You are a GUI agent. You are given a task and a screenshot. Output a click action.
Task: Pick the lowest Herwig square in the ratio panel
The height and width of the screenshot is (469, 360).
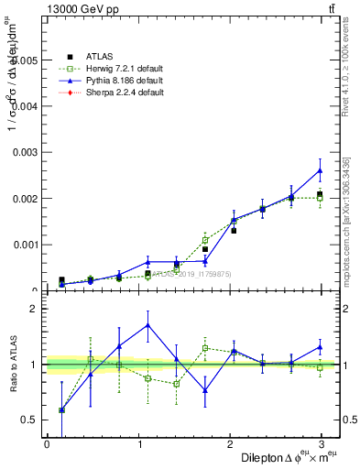pos(61,410)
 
